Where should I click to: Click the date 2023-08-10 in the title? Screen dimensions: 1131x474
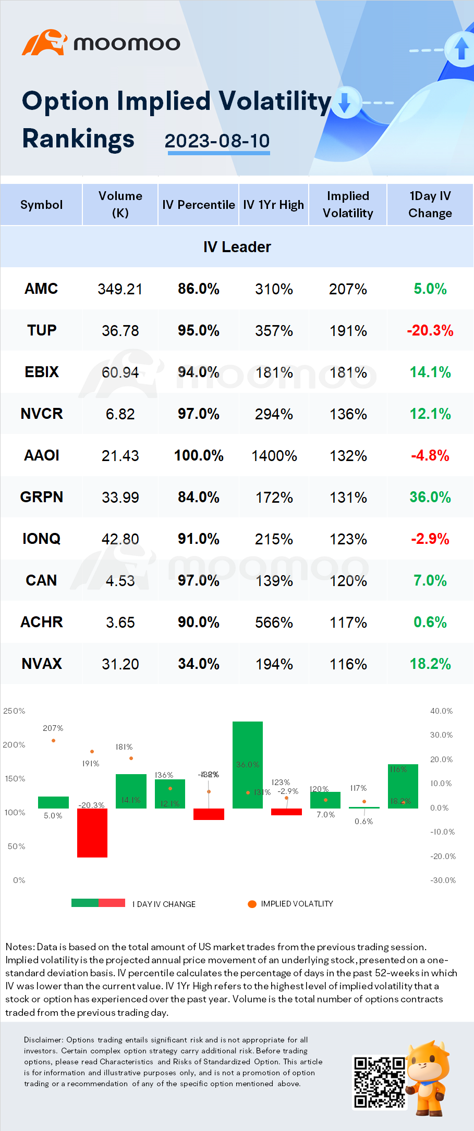click(x=217, y=141)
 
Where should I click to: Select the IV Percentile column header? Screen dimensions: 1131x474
click(x=198, y=205)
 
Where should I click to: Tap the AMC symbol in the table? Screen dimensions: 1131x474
click(x=41, y=289)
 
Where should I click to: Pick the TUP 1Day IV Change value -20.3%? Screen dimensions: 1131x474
click(x=430, y=331)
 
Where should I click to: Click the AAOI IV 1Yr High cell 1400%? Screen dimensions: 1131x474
click(x=274, y=456)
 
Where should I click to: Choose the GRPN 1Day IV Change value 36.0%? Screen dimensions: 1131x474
click(x=430, y=498)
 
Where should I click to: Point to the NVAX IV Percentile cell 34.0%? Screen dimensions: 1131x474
click(x=198, y=664)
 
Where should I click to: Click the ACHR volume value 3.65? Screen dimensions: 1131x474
click(x=120, y=623)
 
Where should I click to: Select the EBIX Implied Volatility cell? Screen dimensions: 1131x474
click(x=348, y=372)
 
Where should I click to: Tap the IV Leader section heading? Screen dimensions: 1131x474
click(x=237, y=247)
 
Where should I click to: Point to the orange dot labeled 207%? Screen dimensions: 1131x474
click(x=53, y=740)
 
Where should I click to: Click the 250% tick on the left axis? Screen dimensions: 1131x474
click(x=14, y=711)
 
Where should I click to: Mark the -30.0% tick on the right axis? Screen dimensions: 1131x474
click(x=443, y=880)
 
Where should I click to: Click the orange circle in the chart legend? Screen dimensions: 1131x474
click(x=252, y=904)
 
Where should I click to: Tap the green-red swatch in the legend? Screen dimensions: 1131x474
click(x=98, y=903)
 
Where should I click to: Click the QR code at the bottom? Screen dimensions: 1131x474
click(x=379, y=1082)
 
